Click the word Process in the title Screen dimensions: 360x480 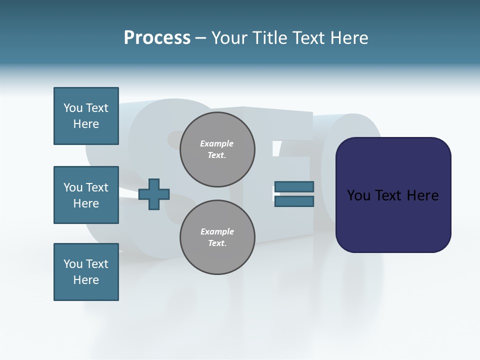[157, 37]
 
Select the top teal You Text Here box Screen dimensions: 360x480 [86, 116]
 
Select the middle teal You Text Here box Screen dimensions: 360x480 [86, 195]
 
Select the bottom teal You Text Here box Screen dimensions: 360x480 [86, 272]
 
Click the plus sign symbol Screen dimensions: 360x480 [154, 194]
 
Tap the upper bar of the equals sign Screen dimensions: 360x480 [294, 187]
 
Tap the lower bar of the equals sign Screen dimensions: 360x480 [294, 201]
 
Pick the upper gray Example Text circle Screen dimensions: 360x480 [217, 149]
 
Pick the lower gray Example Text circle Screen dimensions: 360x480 [217, 237]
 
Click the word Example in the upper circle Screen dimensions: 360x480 [217, 143]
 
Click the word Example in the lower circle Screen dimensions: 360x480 [217, 231]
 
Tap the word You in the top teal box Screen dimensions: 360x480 [72, 108]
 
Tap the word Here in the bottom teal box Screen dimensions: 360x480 [86, 280]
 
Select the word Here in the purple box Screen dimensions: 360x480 [422, 195]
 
